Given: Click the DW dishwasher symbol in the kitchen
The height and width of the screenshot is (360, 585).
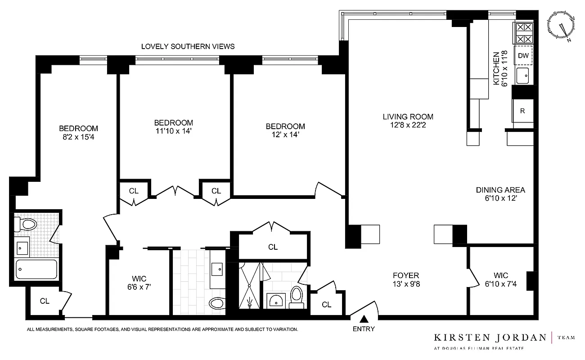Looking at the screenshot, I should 523,56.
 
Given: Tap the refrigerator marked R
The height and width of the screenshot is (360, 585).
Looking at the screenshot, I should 522,111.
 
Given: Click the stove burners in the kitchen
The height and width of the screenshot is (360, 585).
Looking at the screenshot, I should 523,32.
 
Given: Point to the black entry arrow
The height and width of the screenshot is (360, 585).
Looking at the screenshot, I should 364,319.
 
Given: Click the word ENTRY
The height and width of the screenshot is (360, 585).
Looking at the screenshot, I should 364,329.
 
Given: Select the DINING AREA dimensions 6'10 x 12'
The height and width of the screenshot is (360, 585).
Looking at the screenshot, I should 500,198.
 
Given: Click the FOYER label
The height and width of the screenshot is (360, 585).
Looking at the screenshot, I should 405,275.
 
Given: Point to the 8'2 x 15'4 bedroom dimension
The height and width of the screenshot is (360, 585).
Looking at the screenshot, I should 78,136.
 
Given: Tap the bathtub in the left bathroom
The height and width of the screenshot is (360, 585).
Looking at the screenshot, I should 36,269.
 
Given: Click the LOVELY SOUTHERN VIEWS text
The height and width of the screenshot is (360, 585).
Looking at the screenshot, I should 188,46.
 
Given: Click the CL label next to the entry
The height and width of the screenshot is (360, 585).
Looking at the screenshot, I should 327,305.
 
